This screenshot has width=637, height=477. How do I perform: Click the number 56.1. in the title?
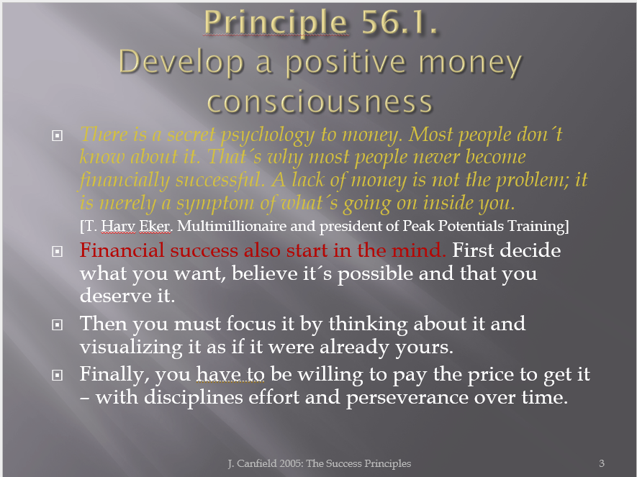(x=399, y=22)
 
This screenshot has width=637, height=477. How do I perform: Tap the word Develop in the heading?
(x=181, y=63)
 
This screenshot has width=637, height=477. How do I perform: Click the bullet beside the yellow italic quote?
(x=58, y=135)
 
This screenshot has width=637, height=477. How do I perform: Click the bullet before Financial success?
(x=58, y=251)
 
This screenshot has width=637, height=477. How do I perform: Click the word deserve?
(x=115, y=296)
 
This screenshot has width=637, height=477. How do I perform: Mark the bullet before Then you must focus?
(x=58, y=324)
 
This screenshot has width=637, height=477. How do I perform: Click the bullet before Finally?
(x=58, y=375)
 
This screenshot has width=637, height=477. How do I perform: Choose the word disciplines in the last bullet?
(x=194, y=397)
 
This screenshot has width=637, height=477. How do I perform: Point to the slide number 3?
(x=602, y=463)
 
